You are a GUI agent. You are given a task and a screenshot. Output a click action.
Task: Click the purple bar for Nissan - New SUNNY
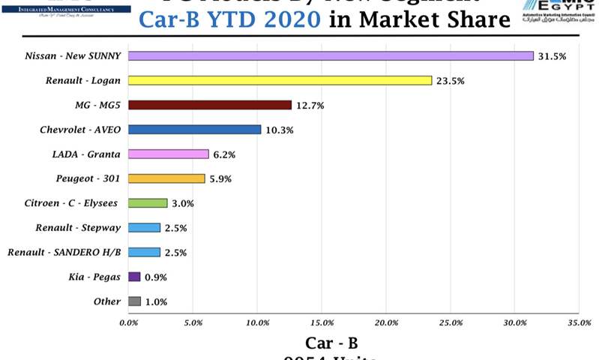coord(331,56)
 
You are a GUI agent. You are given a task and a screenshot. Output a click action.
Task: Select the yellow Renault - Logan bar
coord(280,80)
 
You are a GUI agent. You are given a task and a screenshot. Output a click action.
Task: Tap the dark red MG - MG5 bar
coord(210,105)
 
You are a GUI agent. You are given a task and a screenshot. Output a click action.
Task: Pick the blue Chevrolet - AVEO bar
coord(195,130)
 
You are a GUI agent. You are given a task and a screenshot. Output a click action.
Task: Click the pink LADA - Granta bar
coord(169,154)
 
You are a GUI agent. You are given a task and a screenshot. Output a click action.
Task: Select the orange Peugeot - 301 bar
coord(166,178)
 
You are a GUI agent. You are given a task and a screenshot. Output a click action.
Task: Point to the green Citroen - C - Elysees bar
coord(148,203)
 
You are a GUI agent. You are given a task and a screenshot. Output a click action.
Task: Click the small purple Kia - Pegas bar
coord(134,277)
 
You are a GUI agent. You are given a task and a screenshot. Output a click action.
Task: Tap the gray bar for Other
coord(134,301)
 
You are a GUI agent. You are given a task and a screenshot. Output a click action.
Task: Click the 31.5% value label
coord(552,56)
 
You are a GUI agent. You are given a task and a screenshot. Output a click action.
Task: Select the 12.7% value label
coord(310,106)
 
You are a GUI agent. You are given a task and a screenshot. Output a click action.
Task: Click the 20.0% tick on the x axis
coord(386,322)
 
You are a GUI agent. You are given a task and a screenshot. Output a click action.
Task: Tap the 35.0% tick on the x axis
coord(579,322)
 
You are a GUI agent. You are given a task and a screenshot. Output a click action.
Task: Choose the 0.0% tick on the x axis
coord(129,322)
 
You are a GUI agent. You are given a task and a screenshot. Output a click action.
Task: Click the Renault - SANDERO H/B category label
coord(64,252)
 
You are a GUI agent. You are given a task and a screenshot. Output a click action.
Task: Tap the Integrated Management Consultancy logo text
coord(65,8)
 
